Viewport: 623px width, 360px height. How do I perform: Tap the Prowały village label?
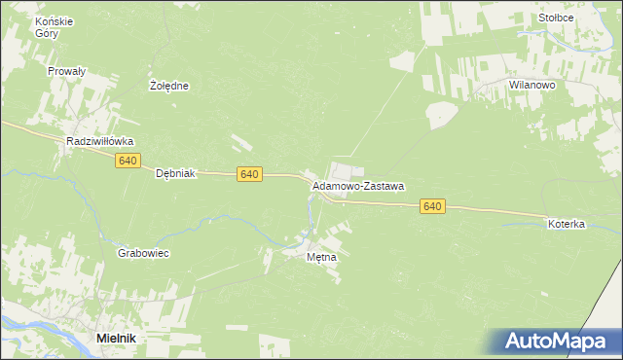(x=67, y=71)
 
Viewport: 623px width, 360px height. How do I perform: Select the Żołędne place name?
(x=168, y=86)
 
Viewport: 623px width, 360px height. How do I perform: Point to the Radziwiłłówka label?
(x=99, y=141)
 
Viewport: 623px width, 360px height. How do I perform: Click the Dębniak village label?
(x=176, y=173)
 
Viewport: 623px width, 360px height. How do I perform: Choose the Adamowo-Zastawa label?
(x=358, y=185)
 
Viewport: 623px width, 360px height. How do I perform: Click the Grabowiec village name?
(x=143, y=253)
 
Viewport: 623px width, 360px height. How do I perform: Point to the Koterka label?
(x=566, y=224)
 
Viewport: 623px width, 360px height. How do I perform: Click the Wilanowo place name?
(x=531, y=86)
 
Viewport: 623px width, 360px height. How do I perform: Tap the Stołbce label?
(x=555, y=18)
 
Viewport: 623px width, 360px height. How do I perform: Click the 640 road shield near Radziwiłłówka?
(x=127, y=161)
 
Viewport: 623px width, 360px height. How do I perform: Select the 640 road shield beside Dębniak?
(x=249, y=173)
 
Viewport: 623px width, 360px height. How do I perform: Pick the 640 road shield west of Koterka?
(x=433, y=206)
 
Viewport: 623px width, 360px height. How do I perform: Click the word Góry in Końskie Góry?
(x=46, y=33)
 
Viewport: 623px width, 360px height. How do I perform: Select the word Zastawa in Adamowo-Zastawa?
(x=383, y=185)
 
